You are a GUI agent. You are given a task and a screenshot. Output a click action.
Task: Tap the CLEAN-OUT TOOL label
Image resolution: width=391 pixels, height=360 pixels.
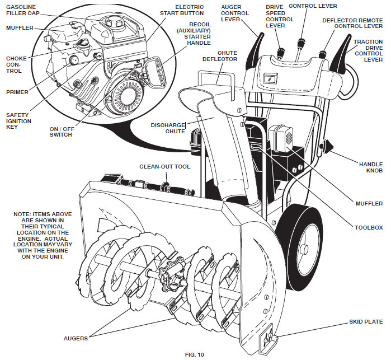click(164, 166)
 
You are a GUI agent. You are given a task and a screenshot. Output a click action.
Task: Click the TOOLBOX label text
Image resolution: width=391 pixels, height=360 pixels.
click(369, 228)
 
